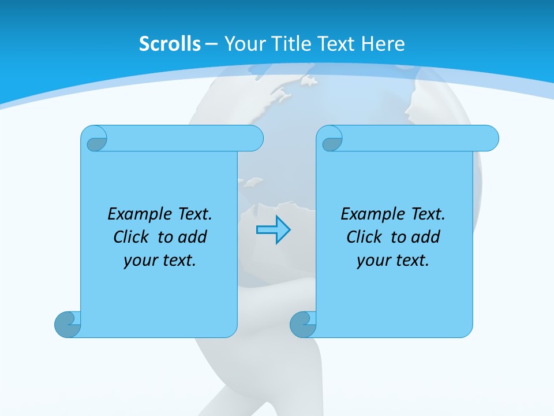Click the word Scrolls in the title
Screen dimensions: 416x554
coord(170,44)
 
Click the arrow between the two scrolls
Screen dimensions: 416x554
coord(273,230)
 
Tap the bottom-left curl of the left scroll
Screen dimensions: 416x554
coord(67,324)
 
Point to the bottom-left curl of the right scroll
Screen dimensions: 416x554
coord(302,324)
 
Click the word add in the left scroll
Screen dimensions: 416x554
coord(193,237)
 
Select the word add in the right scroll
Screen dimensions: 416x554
coord(426,237)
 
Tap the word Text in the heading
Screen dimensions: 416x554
coord(338,44)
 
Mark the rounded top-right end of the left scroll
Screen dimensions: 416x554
coord(254,138)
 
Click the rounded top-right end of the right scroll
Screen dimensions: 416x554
coord(489,138)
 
